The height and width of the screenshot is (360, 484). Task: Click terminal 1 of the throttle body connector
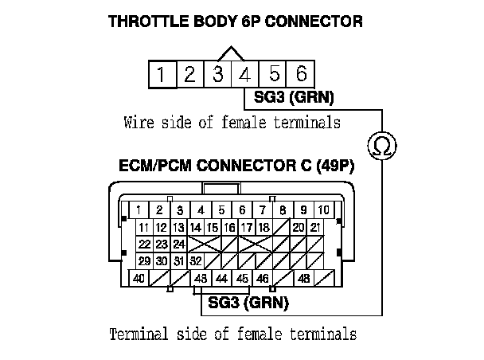pyautogui.click(x=161, y=76)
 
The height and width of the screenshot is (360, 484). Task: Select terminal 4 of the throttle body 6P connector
pyautogui.click(x=245, y=76)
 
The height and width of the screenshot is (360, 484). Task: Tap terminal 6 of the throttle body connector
pyautogui.click(x=301, y=76)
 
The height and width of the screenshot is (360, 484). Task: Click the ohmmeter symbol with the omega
pyautogui.click(x=380, y=146)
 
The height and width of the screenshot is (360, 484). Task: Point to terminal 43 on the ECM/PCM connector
pyautogui.click(x=201, y=280)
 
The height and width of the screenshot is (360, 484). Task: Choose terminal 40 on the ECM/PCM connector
pyautogui.click(x=139, y=280)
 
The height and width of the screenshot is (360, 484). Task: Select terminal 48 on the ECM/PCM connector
pyautogui.click(x=304, y=280)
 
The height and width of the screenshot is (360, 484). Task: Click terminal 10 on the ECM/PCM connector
pyautogui.click(x=324, y=209)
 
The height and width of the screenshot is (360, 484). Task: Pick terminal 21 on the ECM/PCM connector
pyautogui.click(x=316, y=227)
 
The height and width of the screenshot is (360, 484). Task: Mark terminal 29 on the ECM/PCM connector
pyautogui.click(x=145, y=260)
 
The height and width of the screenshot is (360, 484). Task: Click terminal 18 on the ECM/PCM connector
pyautogui.click(x=263, y=227)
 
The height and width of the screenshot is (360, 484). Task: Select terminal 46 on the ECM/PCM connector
pyautogui.click(x=263, y=280)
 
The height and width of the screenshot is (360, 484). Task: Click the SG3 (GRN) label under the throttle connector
pyautogui.click(x=294, y=99)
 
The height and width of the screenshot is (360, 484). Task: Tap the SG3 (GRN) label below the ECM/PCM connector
pyautogui.click(x=248, y=303)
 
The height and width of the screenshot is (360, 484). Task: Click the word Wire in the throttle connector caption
pyautogui.click(x=139, y=123)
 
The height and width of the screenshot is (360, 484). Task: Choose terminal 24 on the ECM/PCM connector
pyautogui.click(x=179, y=244)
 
